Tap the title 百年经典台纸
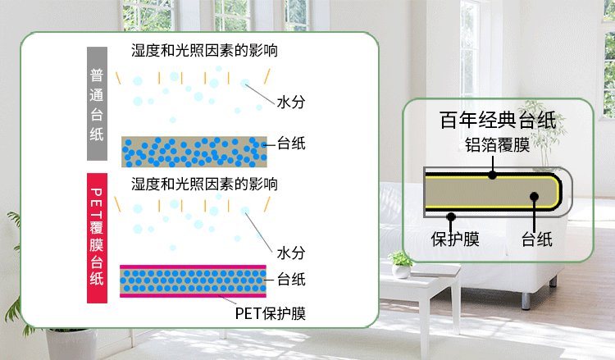tap(498, 121)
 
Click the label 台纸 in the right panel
tap(537, 239)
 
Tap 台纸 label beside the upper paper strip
tap(291, 144)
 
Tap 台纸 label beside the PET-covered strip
tap(291, 279)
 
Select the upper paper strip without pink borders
tap(194, 152)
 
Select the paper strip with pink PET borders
tap(194, 280)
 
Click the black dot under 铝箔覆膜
tap(492, 173)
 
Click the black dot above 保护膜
tap(450, 216)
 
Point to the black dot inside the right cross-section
tap(534, 196)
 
